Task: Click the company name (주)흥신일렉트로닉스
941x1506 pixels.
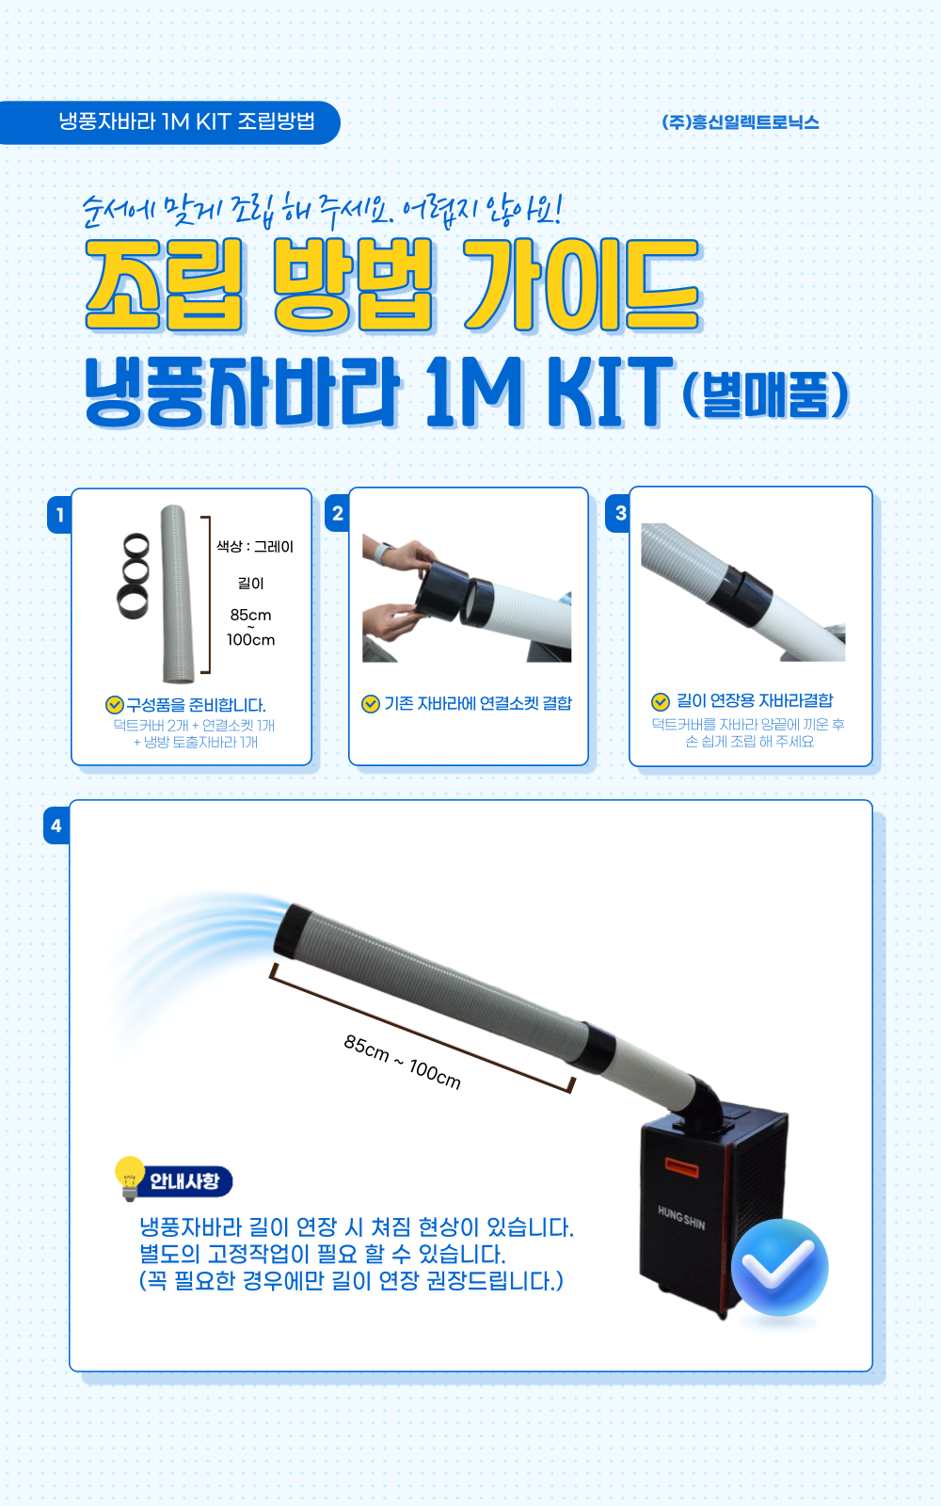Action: point(740,122)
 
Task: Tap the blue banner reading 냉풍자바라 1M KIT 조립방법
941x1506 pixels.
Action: point(169,122)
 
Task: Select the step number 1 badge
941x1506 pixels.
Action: point(60,515)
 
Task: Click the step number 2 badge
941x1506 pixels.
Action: point(338,514)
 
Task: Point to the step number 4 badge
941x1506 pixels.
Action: point(56,825)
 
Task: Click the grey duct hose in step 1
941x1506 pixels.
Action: point(177,594)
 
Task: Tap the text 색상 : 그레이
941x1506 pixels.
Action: point(255,547)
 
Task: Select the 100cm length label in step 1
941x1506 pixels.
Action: point(250,639)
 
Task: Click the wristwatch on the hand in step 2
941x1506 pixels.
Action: point(383,554)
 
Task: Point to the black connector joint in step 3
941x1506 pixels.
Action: point(739,591)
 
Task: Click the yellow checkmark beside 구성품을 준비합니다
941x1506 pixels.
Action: point(114,705)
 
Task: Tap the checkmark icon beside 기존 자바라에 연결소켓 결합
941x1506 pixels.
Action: point(371,703)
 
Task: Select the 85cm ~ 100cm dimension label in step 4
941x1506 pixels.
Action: point(402,1063)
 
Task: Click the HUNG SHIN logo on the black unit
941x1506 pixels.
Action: point(681,1218)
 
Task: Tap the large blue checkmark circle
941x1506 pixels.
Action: point(780,1267)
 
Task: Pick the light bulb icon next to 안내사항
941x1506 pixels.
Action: point(130,1178)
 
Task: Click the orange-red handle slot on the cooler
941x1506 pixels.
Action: point(681,1167)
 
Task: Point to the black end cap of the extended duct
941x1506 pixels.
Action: point(293,930)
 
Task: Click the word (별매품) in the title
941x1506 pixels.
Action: point(766,394)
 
